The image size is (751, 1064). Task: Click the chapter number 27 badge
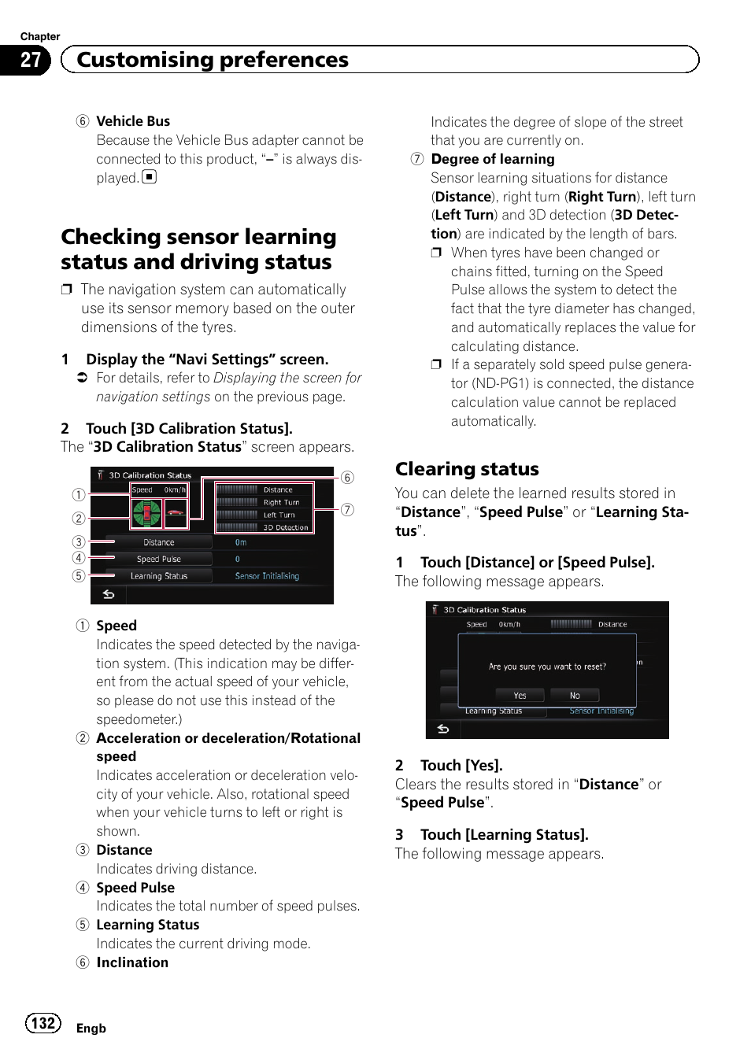coord(30,60)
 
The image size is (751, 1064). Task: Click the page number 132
coord(43,1023)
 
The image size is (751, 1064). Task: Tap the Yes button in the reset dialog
coord(520,696)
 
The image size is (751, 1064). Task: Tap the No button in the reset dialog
coord(575,696)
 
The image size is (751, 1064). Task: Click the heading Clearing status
coord(467,469)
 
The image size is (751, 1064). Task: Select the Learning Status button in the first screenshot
coord(159,576)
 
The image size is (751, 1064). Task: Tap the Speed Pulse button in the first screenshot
coord(159,559)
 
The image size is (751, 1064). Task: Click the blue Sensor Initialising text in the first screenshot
coord(267,576)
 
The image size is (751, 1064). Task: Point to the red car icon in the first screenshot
coord(176,513)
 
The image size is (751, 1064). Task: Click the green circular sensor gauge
coord(146,513)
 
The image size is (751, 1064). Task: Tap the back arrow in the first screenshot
coord(109,595)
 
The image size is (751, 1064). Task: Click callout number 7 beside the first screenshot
coord(347,510)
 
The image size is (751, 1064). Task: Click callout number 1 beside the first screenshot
coord(79,495)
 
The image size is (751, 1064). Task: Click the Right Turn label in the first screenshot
coord(281,502)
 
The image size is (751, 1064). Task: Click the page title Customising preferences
coord(213,60)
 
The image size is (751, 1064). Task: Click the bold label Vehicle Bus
coord(133,121)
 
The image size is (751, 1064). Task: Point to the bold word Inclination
coord(132,962)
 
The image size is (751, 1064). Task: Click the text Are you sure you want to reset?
coord(547,667)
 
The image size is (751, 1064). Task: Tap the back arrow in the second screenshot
coord(443,730)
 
